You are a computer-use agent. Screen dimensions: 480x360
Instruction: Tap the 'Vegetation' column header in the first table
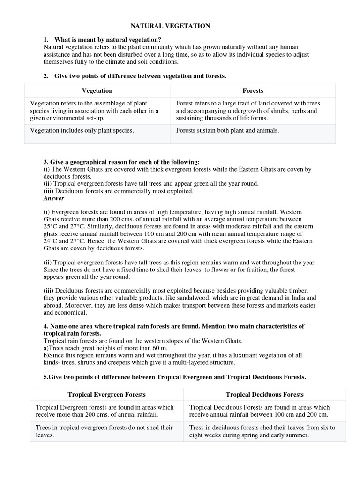[97, 90]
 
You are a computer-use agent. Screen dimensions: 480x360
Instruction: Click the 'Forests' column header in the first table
[252, 90]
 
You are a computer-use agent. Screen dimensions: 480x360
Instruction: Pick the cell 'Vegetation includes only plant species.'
[82, 130]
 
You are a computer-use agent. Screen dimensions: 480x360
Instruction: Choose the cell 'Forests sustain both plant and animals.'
[227, 130]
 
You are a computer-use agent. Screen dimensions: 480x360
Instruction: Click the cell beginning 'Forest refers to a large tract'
[247, 111]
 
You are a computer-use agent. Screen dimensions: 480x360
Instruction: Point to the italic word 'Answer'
[53, 198]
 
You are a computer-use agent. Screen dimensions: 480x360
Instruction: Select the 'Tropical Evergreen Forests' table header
[106, 394]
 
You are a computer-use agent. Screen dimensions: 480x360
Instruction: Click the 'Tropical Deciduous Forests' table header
[264, 394]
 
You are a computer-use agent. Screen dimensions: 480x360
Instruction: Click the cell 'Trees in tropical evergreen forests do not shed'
[104, 431]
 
